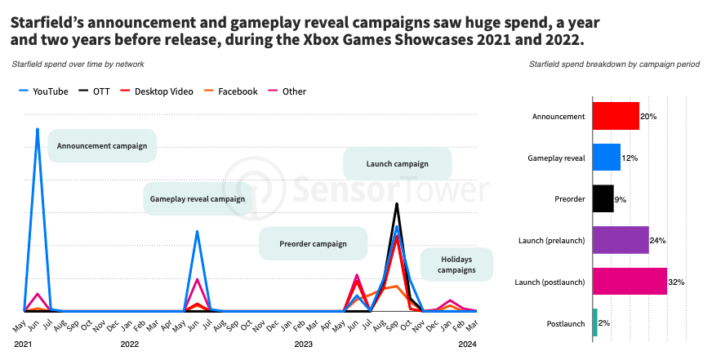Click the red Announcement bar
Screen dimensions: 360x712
tap(615, 116)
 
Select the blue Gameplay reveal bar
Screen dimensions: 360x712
tap(606, 158)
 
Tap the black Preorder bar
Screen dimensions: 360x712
tap(603, 198)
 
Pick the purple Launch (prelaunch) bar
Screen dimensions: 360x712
tap(620, 240)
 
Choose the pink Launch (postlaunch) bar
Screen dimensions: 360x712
tap(629, 282)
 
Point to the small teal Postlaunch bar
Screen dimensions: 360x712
tap(594, 322)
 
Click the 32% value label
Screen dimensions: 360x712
tap(676, 282)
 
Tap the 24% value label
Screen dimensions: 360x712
tap(658, 241)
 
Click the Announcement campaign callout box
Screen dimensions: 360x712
tap(102, 146)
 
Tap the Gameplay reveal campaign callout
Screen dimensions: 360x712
tap(198, 199)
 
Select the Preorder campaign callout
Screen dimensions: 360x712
tap(314, 243)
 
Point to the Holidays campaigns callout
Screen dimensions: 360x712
tap(457, 264)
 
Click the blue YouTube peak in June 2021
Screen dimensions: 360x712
tap(38, 129)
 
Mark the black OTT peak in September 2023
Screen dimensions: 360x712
tap(397, 204)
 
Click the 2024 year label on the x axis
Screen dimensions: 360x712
tap(468, 344)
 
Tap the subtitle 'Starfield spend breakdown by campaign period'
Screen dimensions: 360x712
tap(613, 64)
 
